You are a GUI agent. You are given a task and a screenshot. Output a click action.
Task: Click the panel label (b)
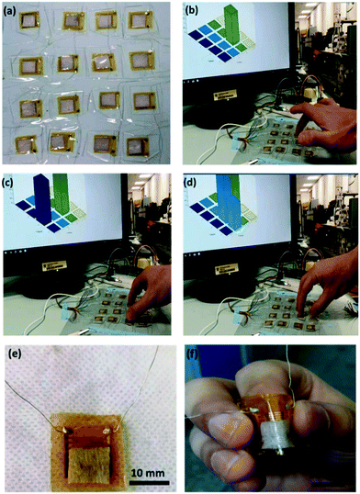coord(195,12)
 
